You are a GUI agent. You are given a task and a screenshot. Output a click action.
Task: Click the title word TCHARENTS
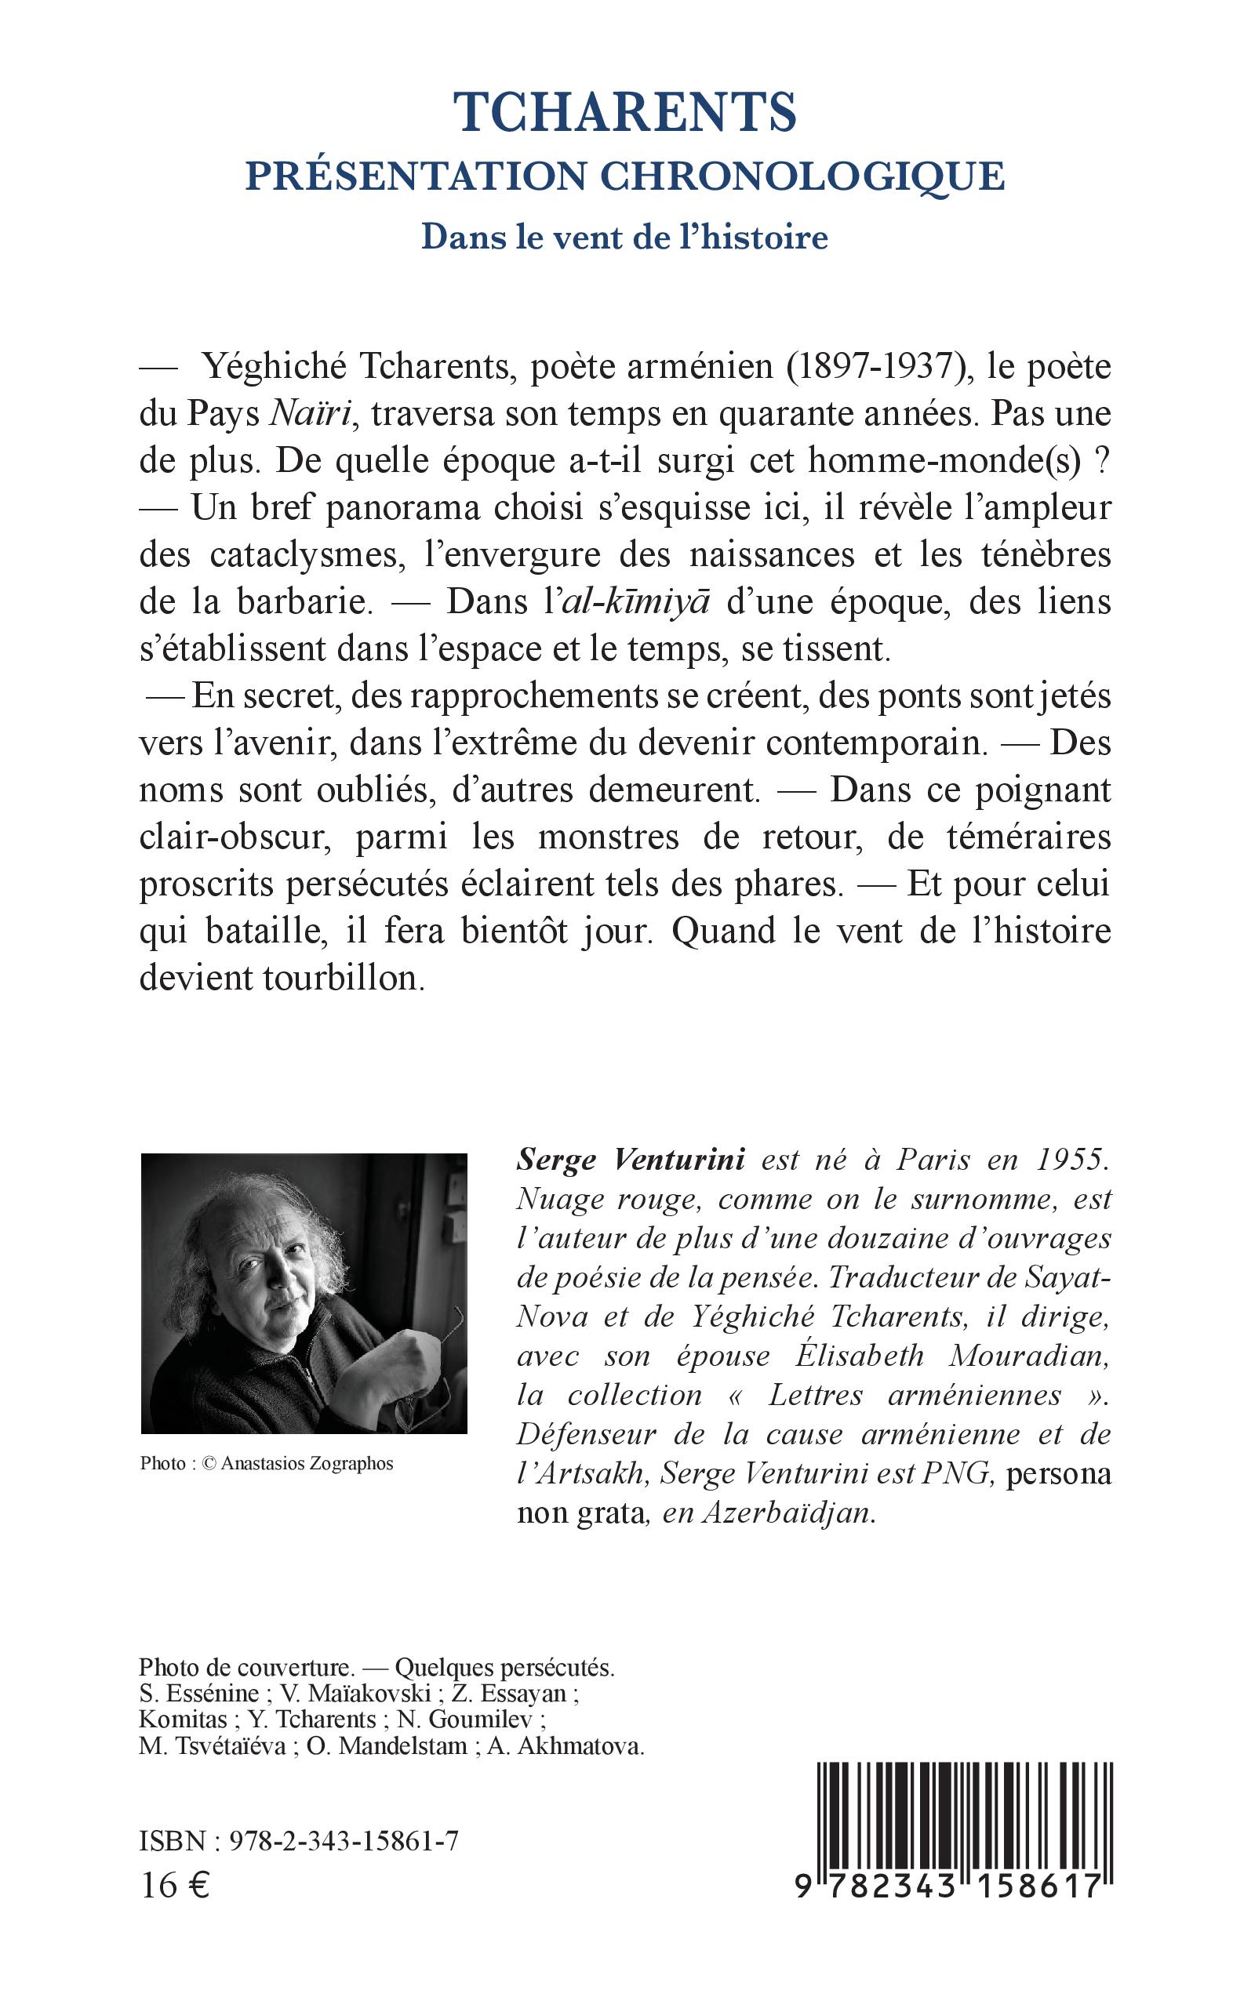[x=624, y=114]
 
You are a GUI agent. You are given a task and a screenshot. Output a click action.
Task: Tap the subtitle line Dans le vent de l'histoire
[x=624, y=238]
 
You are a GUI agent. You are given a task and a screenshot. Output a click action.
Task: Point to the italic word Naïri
[x=310, y=415]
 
